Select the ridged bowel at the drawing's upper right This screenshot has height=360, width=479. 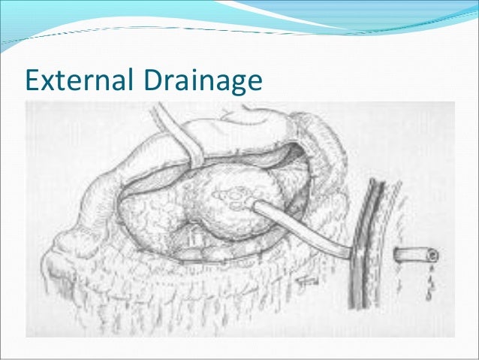[323, 139]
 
